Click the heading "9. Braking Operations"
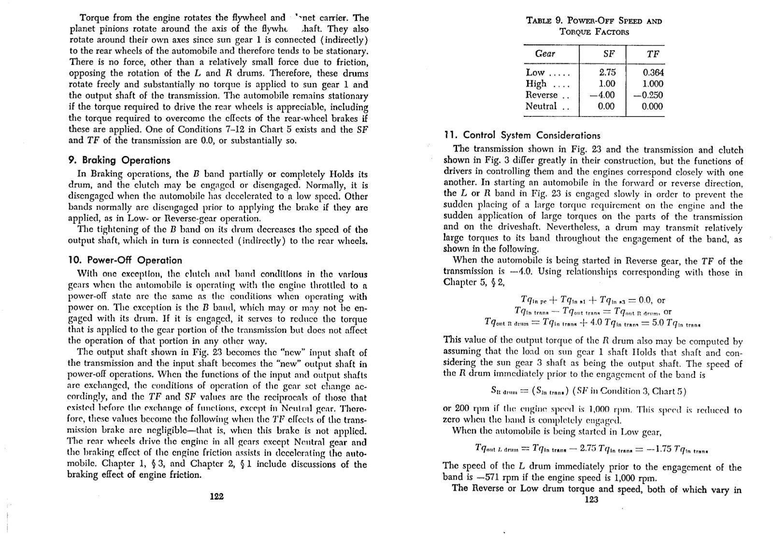click(119, 160)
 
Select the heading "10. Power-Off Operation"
click(125, 260)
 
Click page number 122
click(217, 496)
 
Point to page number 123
click(591, 500)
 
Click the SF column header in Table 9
click(609, 54)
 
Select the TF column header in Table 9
click(653, 54)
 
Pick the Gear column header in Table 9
click(545, 54)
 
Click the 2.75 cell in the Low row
click(607, 72)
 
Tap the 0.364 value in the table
click(653, 72)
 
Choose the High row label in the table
click(536, 84)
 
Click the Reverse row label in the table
click(542, 95)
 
